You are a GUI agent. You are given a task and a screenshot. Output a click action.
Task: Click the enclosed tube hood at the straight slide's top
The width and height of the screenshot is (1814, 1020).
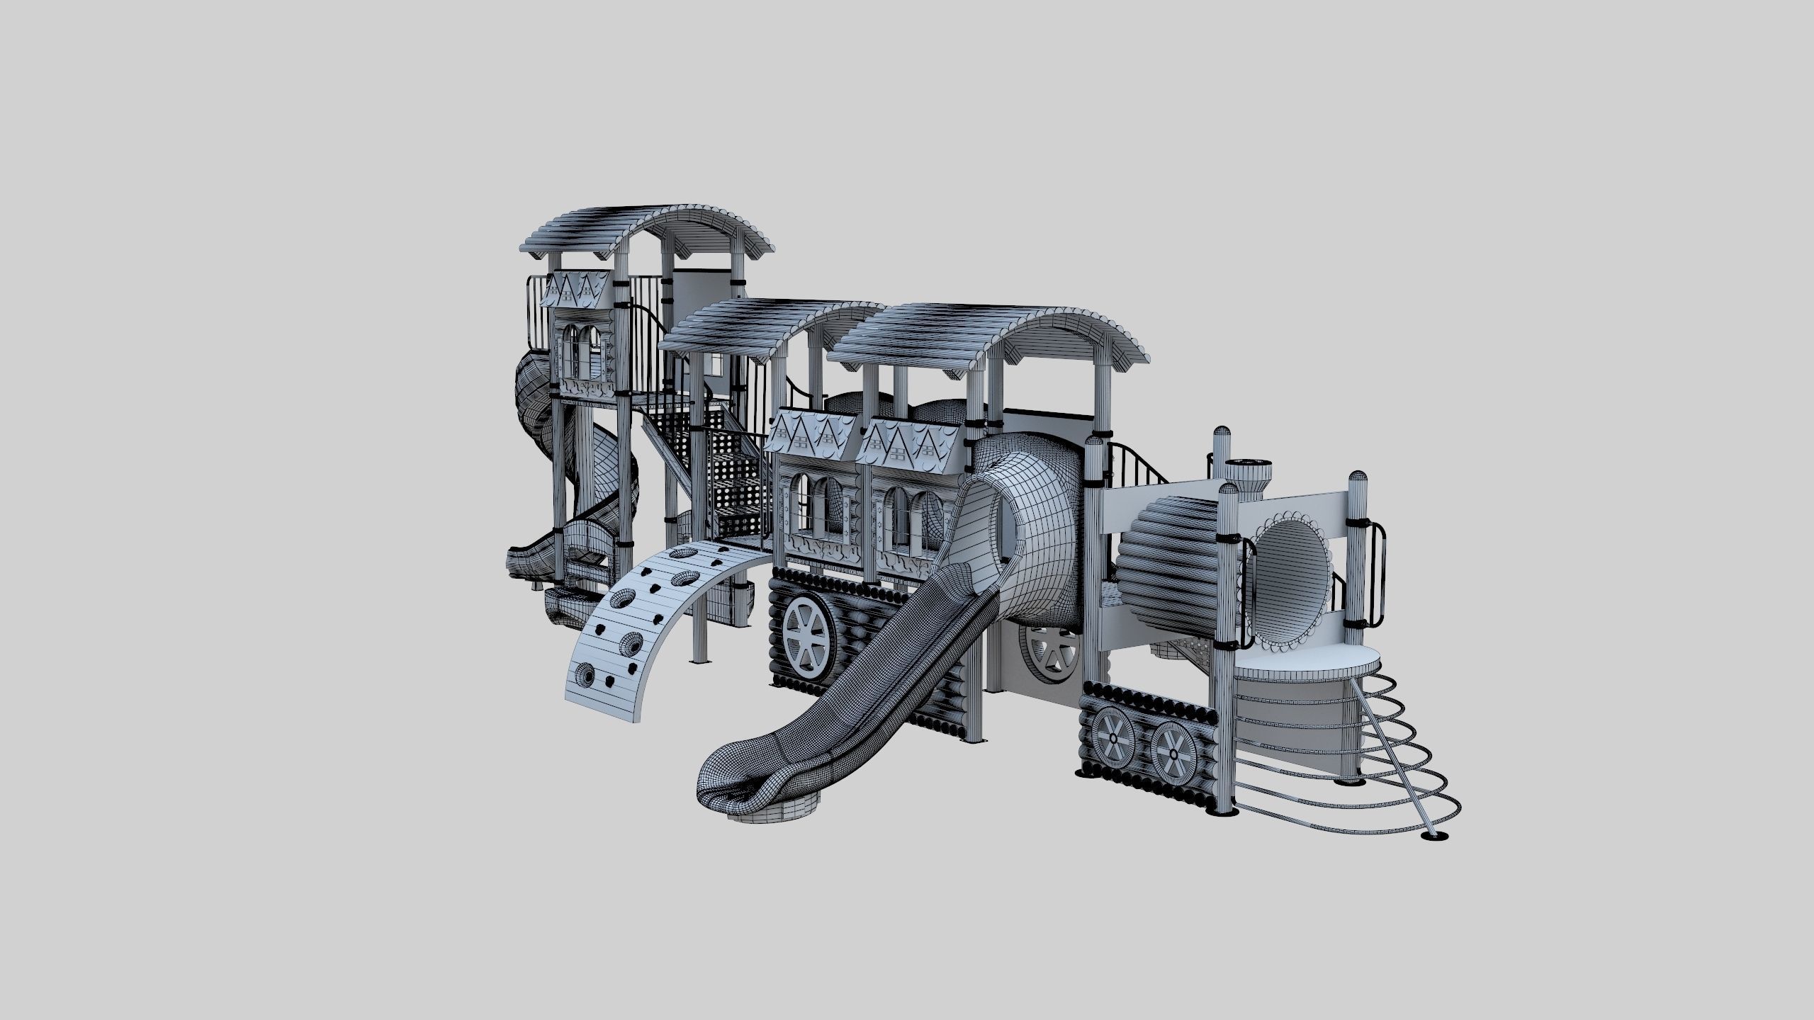tap(1020, 524)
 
